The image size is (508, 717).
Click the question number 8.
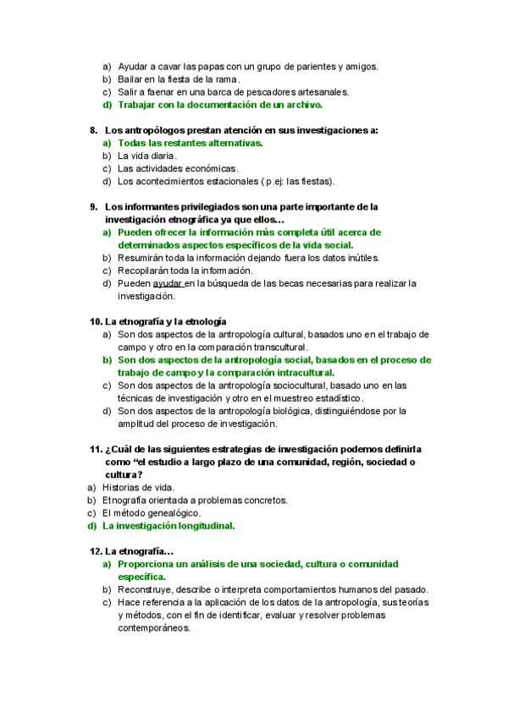pos(93,130)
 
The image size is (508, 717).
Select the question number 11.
pos(96,449)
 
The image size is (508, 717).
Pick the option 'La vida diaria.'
pos(147,156)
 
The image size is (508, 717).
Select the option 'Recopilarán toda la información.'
pos(185,271)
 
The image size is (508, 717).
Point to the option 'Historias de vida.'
pos(139,487)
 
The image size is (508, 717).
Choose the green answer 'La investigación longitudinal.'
pos(168,525)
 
